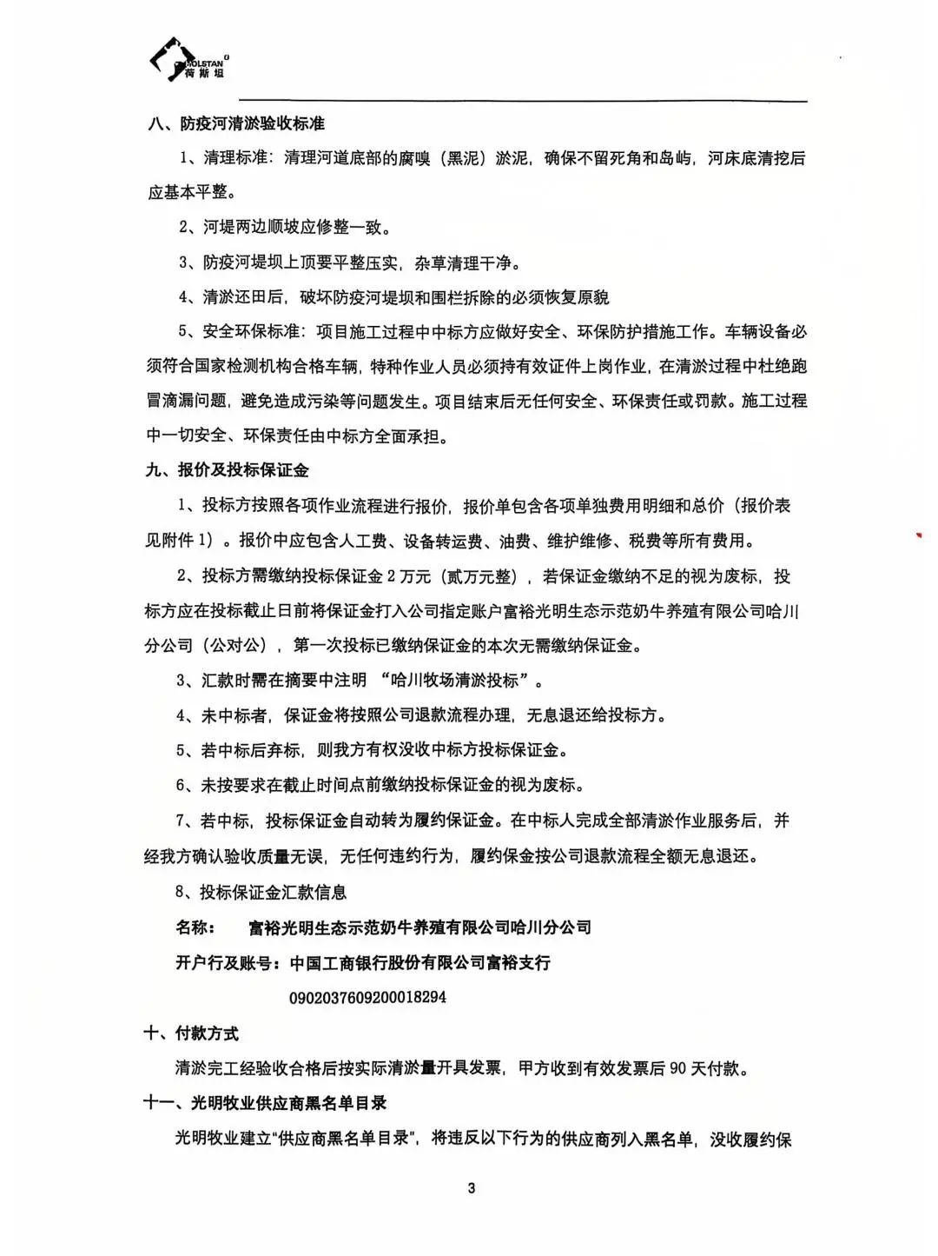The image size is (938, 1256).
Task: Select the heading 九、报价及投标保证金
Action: (227, 470)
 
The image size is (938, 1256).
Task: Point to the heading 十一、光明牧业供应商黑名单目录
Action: (265, 1103)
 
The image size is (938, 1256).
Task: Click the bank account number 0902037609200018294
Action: (367, 998)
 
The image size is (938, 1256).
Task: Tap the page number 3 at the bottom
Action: (472, 1188)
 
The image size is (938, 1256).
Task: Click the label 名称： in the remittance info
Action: (195, 927)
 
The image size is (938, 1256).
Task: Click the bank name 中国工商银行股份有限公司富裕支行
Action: (420, 963)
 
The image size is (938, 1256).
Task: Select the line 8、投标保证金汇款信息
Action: (261, 892)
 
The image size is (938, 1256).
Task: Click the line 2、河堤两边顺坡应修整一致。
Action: (285, 228)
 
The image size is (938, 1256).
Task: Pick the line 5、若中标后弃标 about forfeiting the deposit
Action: (373, 750)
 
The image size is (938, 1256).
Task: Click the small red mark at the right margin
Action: (918, 535)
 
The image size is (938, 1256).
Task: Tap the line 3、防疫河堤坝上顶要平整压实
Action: (349, 262)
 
